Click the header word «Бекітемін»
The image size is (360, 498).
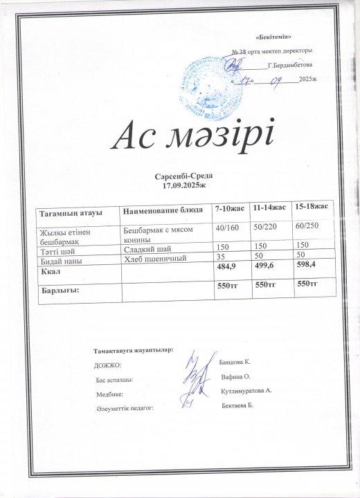point(271,35)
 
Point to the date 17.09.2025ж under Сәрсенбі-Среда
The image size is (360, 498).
point(179,187)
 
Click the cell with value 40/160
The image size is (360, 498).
point(228,228)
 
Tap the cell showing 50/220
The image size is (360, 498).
point(268,228)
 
